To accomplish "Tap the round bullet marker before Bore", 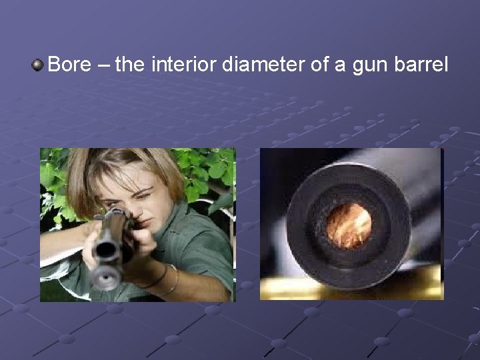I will [x=38, y=65].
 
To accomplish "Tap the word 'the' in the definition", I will [x=131, y=65].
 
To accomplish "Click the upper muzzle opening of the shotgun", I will [x=105, y=251].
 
